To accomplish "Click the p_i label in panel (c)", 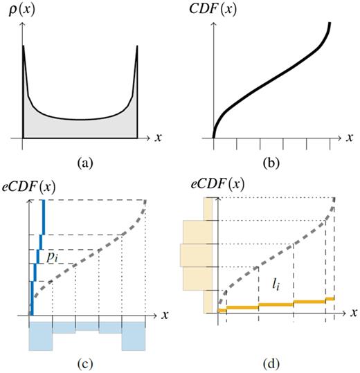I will [x=52, y=256].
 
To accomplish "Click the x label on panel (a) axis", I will [x=159, y=137].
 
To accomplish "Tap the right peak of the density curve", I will [x=137, y=47].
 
